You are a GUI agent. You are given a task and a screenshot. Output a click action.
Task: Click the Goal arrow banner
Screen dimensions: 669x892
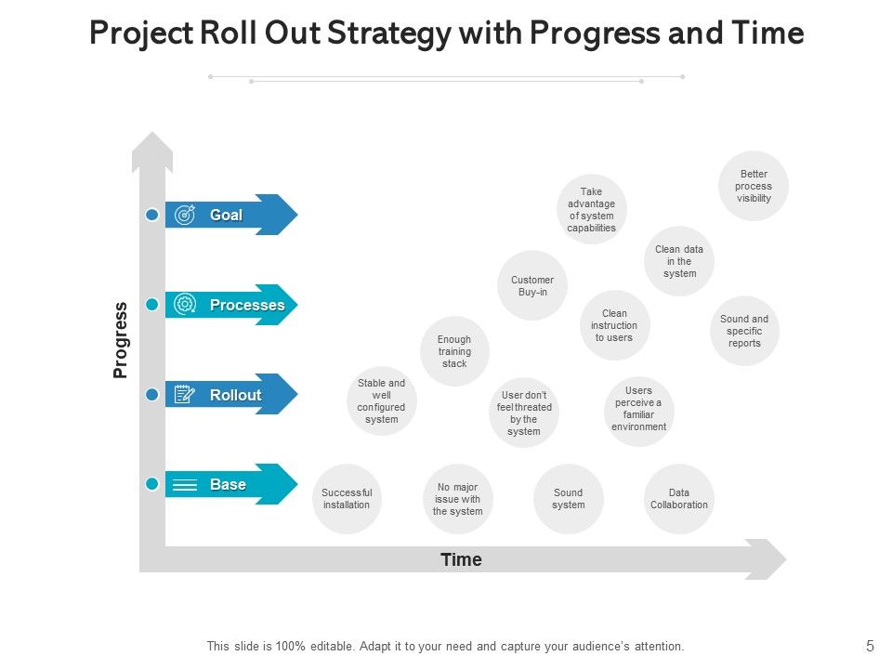click(x=231, y=215)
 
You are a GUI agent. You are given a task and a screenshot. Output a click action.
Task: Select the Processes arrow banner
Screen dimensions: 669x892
click(x=231, y=305)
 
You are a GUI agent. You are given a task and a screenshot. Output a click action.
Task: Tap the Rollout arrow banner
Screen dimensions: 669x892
click(x=231, y=395)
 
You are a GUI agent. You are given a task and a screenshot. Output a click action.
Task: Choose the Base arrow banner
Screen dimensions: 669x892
click(x=231, y=484)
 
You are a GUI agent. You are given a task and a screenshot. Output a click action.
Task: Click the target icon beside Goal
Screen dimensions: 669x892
click(x=185, y=215)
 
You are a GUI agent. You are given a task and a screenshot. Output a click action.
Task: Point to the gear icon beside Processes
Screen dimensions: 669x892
click(x=185, y=305)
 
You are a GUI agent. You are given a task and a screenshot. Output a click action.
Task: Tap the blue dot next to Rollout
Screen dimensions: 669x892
click(x=152, y=395)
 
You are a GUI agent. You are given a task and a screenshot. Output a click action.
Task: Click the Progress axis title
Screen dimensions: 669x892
click(x=121, y=340)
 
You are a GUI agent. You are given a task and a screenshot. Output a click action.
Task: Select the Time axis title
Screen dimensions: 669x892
click(x=461, y=559)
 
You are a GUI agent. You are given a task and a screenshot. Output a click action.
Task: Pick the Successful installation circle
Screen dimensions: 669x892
click(x=347, y=499)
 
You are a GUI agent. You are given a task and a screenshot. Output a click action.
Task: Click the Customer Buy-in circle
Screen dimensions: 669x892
click(x=532, y=285)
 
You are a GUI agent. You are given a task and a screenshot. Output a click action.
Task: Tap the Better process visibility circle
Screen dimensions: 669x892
click(x=754, y=186)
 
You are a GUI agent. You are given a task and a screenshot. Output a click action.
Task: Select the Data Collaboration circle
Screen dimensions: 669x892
click(x=679, y=499)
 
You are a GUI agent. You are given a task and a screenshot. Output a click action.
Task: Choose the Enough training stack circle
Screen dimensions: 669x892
click(x=454, y=351)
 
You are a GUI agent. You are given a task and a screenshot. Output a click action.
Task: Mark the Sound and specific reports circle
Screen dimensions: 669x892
click(x=744, y=331)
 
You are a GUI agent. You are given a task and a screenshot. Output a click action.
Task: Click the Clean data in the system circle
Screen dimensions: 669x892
click(x=679, y=261)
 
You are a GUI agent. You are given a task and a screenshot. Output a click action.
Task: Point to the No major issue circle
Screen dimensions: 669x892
click(x=458, y=499)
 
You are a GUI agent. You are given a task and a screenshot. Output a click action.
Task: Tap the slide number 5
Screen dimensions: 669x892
click(x=870, y=646)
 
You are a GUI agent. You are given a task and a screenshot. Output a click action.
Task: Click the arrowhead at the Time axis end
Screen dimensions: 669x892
click(x=772, y=559)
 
